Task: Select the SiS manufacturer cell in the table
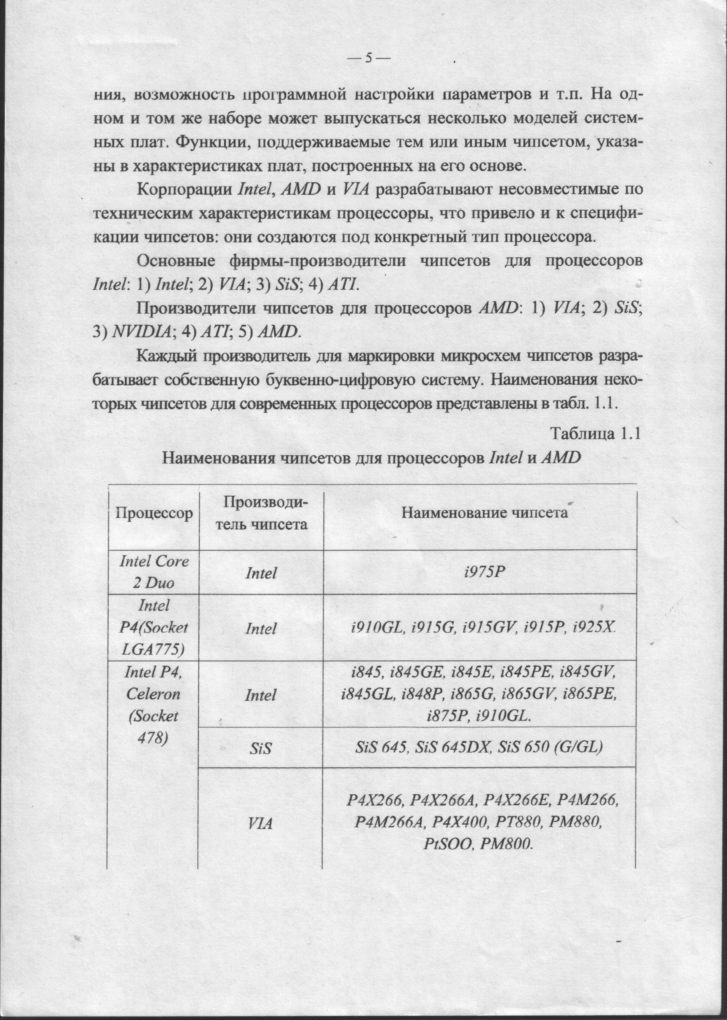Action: [x=261, y=748]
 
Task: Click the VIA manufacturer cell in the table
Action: [x=260, y=824]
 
